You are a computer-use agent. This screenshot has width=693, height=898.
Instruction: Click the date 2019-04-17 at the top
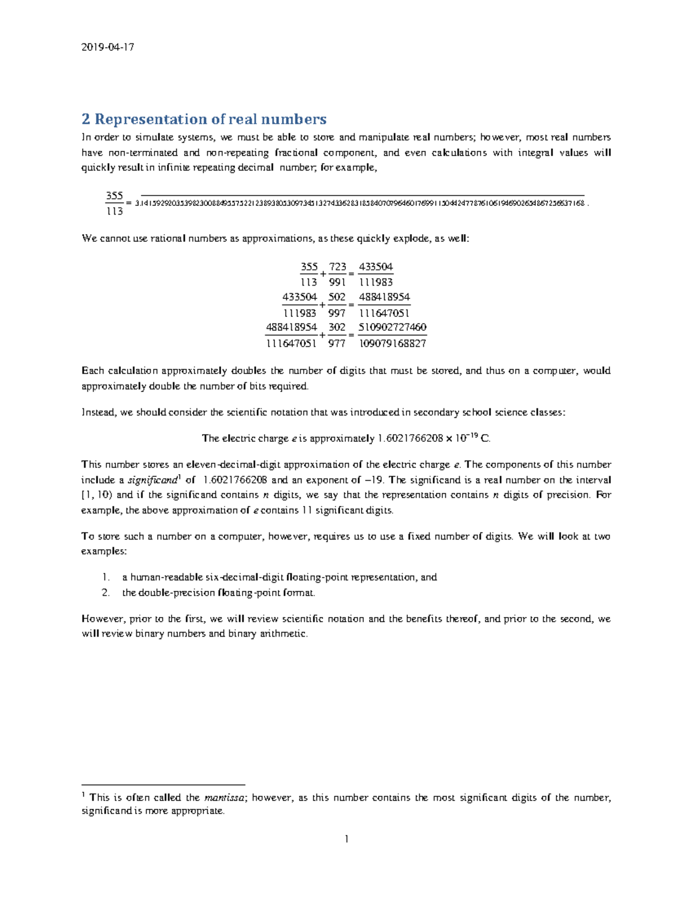tap(107, 47)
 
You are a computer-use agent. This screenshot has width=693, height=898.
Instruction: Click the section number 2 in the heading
tap(86, 119)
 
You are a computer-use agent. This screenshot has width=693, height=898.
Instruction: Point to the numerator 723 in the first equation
tap(337, 267)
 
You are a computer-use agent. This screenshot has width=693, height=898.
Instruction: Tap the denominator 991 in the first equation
tap(337, 282)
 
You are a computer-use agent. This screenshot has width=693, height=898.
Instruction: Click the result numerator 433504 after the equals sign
tap(376, 267)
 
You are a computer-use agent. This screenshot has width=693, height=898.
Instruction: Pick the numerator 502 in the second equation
tap(337, 297)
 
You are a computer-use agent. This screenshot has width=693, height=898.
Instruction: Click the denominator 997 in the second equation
tap(337, 313)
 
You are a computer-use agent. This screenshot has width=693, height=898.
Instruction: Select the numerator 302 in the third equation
tap(337, 327)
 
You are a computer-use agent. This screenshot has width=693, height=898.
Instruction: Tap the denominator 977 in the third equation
tap(337, 343)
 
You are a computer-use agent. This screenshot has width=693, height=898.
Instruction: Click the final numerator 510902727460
tap(392, 327)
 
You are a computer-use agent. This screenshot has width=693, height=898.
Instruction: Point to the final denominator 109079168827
tap(392, 343)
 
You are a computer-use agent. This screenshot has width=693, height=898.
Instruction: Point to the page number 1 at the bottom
tap(346, 839)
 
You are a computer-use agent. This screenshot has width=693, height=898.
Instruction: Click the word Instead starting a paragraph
tap(99, 412)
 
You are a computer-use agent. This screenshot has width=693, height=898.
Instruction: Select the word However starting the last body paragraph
tap(103, 619)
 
